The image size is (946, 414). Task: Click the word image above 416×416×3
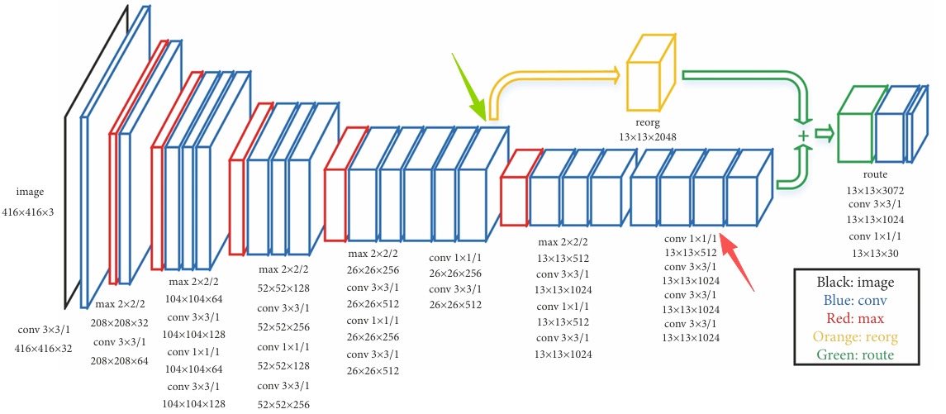click(x=31, y=193)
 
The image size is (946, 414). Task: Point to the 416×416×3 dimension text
click(x=31, y=212)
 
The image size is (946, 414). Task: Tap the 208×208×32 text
click(x=120, y=323)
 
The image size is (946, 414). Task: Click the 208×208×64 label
click(x=120, y=361)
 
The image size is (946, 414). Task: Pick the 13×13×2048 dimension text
click(x=648, y=137)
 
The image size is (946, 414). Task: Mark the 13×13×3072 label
click(x=875, y=191)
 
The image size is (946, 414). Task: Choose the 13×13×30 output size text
click(x=875, y=254)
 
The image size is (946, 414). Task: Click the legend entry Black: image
click(x=855, y=282)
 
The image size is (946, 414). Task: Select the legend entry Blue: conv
click(x=855, y=300)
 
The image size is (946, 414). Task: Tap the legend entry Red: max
click(x=855, y=318)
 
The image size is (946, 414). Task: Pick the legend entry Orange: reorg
click(x=855, y=336)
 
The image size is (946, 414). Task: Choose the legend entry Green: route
click(x=855, y=355)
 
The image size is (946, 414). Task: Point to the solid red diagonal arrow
click(x=739, y=263)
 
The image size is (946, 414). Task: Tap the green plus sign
click(x=803, y=136)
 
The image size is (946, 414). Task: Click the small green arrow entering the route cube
click(x=824, y=133)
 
